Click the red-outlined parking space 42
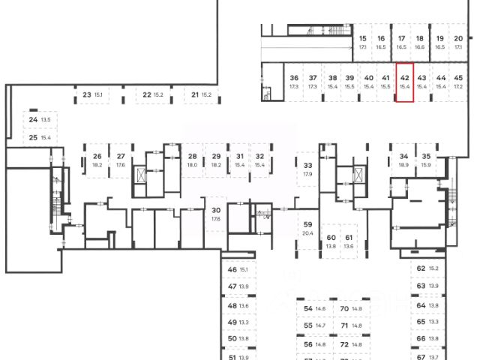(x=404, y=82)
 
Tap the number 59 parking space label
(x=307, y=224)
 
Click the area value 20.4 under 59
(x=307, y=233)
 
